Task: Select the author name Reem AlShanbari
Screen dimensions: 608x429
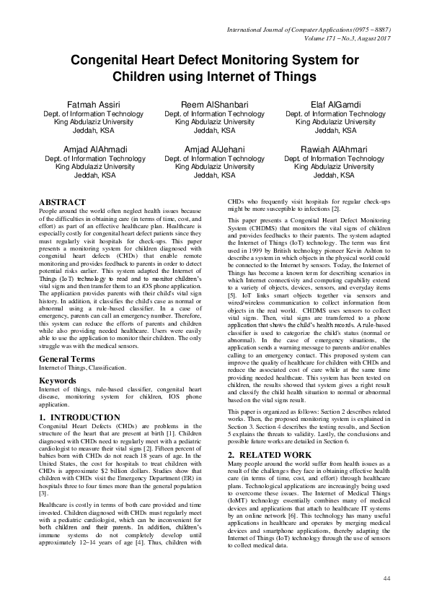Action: (x=214, y=105)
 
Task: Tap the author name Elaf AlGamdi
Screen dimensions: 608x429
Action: (x=335, y=105)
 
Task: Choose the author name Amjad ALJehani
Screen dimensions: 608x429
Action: (x=214, y=148)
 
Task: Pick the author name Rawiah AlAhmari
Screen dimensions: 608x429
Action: (x=335, y=148)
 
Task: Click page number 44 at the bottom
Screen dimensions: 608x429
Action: (x=386, y=578)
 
